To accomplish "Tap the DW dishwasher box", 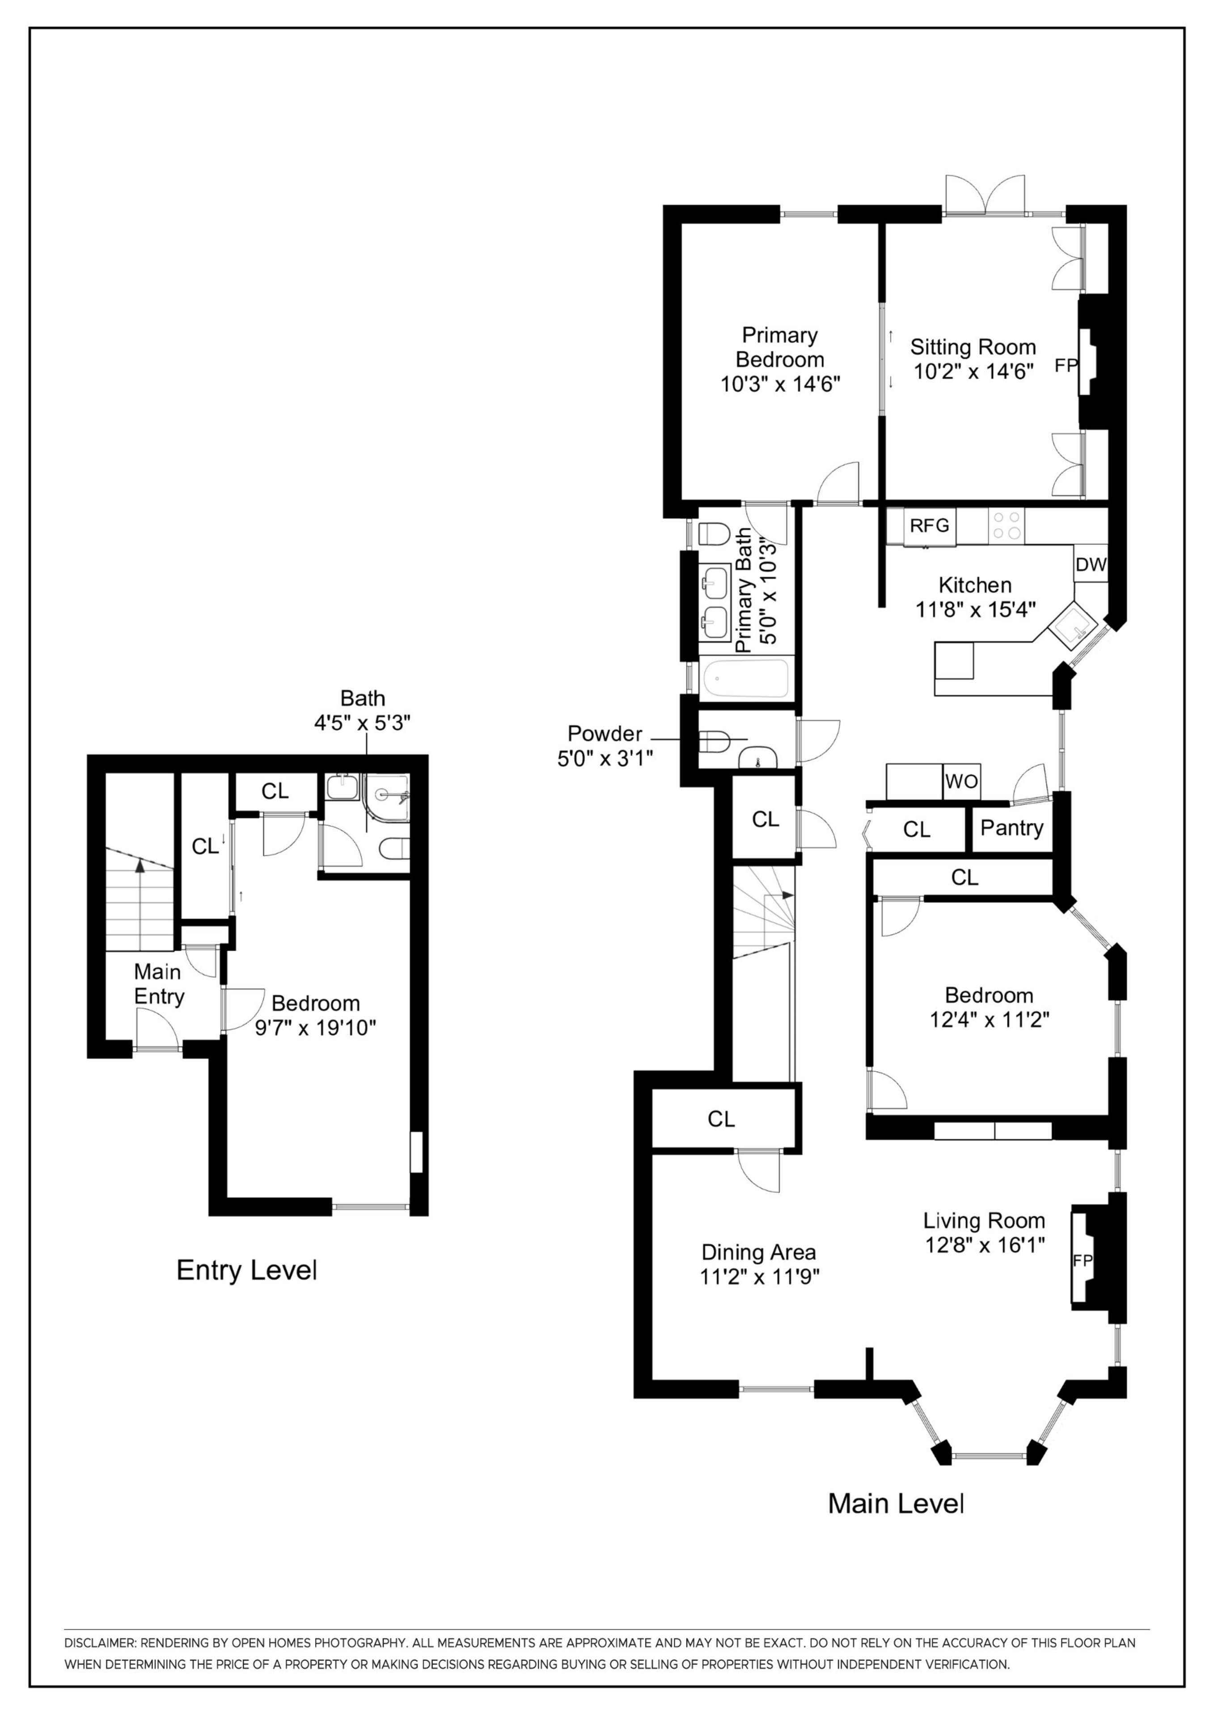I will click(1090, 565).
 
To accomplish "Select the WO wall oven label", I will click(961, 782).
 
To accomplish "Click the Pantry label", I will click(1011, 828).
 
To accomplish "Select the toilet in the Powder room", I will click(715, 742).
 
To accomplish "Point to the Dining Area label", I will click(758, 1252).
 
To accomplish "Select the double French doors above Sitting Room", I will click(984, 196).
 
